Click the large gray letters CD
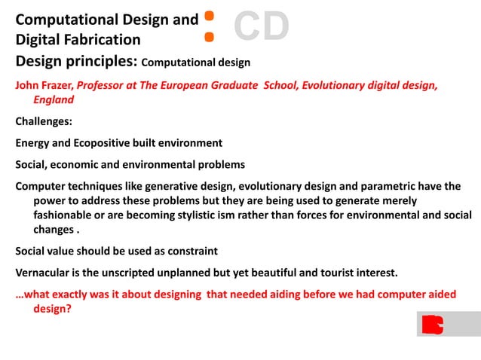tap(261, 26)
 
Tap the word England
tap(54, 99)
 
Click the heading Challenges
tap(44, 121)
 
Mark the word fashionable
tap(69, 215)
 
